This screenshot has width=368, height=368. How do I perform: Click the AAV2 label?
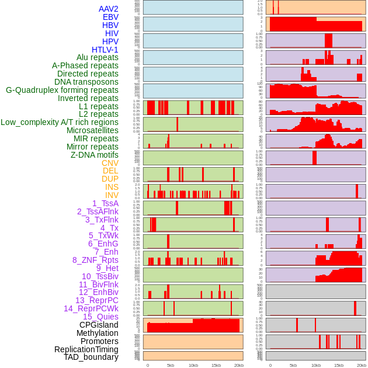click(x=108, y=9)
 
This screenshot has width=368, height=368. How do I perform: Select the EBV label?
click(x=110, y=18)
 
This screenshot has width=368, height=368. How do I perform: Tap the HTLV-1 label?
click(x=105, y=50)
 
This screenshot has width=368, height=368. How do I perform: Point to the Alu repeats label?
click(x=98, y=58)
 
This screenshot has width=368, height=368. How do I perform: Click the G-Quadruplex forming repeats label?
click(x=62, y=91)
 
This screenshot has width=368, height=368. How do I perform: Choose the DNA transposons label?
click(x=86, y=82)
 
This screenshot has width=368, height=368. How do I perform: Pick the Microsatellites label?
click(x=92, y=131)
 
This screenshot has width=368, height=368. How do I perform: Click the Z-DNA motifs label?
click(x=94, y=155)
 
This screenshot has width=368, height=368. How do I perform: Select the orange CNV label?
click(x=110, y=163)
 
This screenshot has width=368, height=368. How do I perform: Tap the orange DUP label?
click(x=110, y=179)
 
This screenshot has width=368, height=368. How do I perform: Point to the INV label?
click(x=112, y=195)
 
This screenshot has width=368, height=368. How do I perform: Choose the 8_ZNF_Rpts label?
click(x=95, y=260)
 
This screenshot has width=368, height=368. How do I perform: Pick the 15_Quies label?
click(x=100, y=317)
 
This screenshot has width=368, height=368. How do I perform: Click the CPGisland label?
click(x=99, y=325)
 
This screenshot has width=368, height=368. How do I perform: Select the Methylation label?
click(x=98, y=333)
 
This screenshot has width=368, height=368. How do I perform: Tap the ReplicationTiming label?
click(x=86, y=349)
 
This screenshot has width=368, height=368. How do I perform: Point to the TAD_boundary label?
click(x=91, y=357)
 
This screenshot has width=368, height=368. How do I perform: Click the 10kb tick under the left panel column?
click(x=193, y=365)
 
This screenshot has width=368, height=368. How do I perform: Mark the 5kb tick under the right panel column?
click(x=293, y=365)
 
